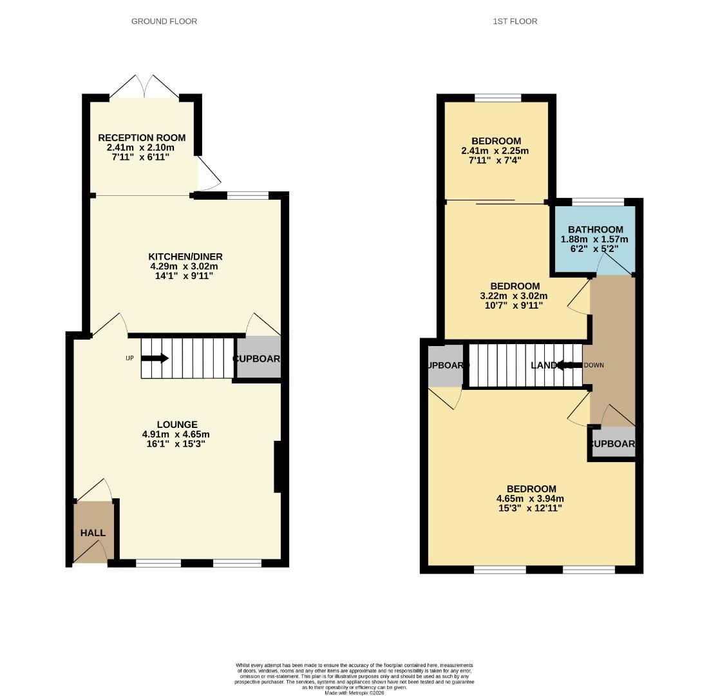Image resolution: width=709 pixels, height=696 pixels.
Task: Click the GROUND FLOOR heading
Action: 164,21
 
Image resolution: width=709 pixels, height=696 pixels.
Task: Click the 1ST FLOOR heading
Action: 515,21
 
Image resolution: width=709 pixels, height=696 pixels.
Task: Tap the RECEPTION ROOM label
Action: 142,137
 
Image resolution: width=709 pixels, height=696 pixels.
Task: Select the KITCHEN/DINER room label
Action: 185,256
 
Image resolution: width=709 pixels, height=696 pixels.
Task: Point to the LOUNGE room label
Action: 178,425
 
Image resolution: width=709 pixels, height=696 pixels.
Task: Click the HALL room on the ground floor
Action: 93,533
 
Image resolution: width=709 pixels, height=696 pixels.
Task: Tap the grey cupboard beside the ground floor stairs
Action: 258,358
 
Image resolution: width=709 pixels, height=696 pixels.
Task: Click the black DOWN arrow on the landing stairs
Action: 566,365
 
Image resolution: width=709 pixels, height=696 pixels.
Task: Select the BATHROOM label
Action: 595,229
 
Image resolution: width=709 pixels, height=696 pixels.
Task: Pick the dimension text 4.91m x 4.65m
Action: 176,434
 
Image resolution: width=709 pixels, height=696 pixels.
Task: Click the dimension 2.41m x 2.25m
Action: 495,151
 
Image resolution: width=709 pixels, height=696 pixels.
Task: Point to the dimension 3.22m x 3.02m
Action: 513,296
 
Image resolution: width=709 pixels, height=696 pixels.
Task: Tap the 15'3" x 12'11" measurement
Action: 530,508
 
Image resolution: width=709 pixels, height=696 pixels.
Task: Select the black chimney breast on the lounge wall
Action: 278,467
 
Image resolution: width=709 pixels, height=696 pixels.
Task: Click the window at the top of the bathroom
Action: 598,202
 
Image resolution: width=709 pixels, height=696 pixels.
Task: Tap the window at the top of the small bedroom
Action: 498,98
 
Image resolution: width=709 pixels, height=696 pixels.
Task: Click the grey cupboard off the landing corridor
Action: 612,443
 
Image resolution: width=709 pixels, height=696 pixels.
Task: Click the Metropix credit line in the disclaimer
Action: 354,693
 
